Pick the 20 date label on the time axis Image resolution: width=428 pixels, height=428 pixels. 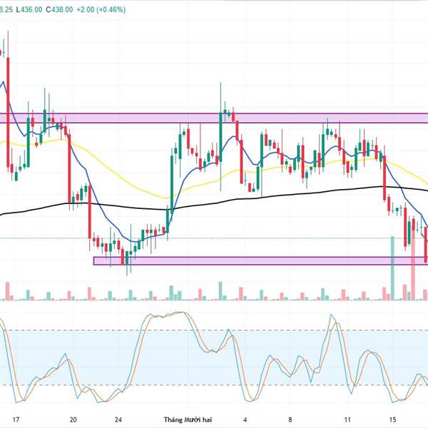(x=74, y=420)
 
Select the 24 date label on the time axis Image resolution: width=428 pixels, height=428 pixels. (x=118, y=420)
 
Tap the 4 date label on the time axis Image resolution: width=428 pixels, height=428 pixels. (x=245, y=420)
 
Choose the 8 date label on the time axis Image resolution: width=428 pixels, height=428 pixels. (x=290, y=420)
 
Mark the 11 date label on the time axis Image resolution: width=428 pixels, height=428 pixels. (x=347, y=420)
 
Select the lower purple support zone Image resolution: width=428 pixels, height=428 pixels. (x=250, y=261)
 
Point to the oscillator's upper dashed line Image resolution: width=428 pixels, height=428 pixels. (x=214, y=330)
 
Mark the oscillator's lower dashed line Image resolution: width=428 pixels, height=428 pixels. (x=214, y=385)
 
